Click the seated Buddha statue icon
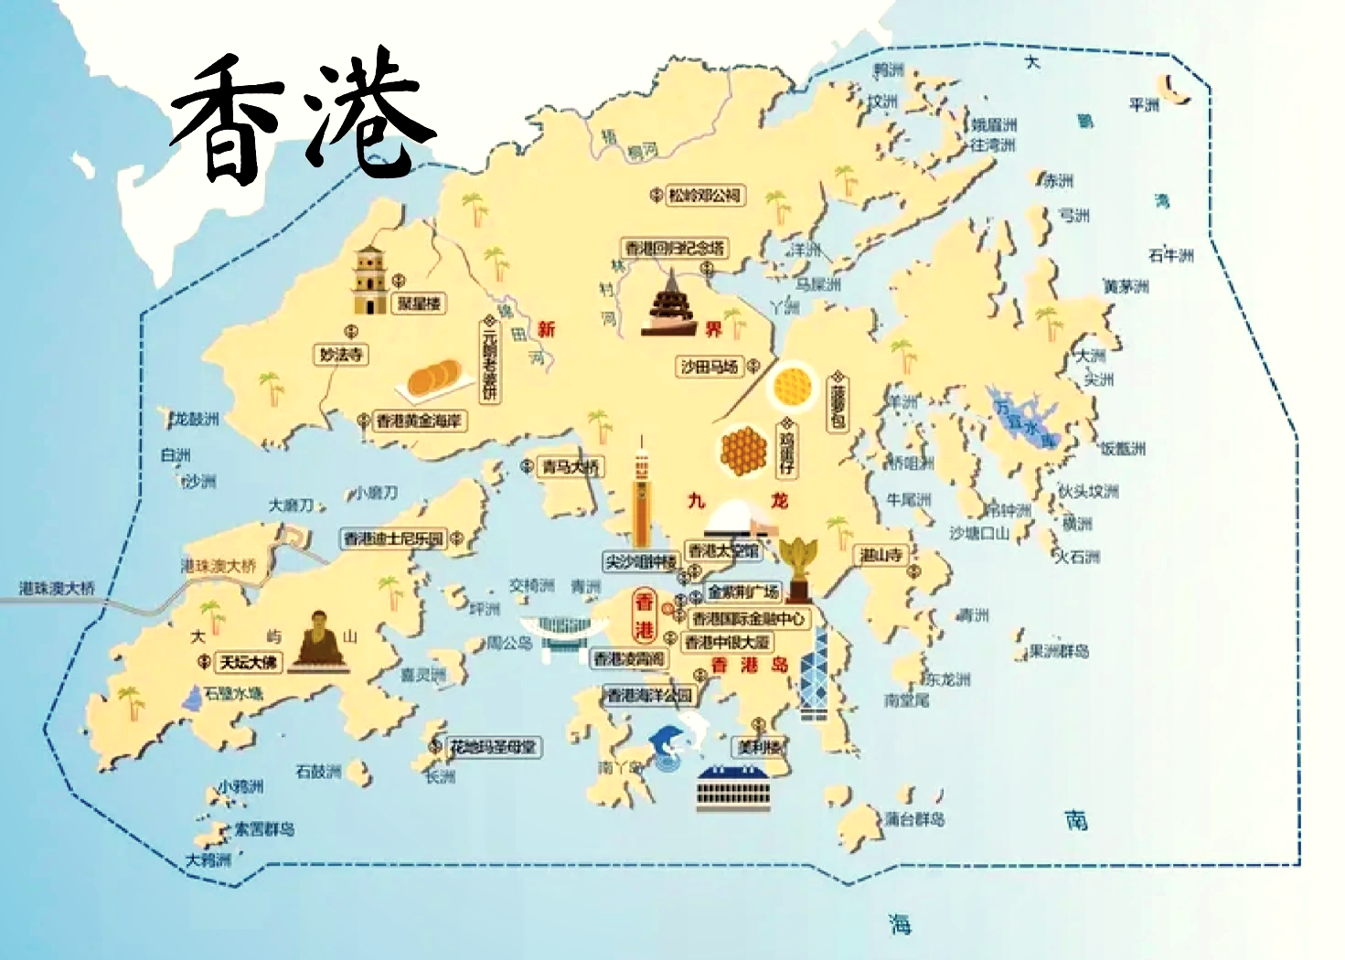point(319,640)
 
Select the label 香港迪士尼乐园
point(393,539)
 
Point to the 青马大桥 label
point(571,467)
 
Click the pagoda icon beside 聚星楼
point(369,280)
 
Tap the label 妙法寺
point(341,354)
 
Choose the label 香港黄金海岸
point(420,421)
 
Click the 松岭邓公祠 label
point(703,195)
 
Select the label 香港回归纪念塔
point(675,248)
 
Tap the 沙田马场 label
point(709,367)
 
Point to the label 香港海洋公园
point(650,696)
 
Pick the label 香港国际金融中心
point(749,619)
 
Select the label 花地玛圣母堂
point(493,747)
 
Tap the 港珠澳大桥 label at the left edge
point(57,588)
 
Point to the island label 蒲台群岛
point(913,818)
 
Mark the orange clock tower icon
point(641,494)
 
